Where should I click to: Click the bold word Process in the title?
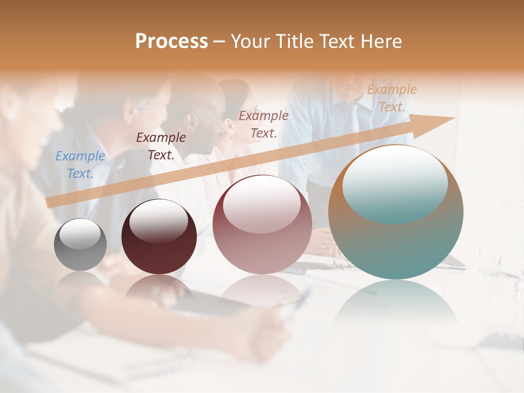click(x=171, y=41)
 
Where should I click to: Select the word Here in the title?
click(x=381, y=41)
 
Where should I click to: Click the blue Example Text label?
click(x=80, y=165)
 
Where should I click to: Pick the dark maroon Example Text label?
click(x=161, y=146)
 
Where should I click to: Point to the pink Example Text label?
click(x=264, y=124)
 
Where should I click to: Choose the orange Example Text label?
click(x=392, y=98)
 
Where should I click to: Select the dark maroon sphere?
click(x=159, y=236)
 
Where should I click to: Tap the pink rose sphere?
click(x=262, y=225)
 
